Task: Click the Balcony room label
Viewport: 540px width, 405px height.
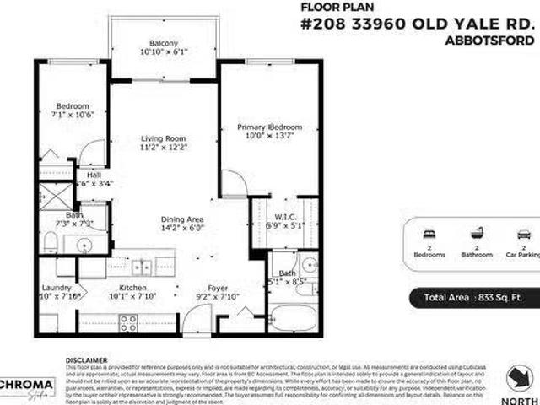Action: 164,43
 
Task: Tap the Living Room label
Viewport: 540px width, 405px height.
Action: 164,139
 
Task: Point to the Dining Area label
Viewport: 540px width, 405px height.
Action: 182,219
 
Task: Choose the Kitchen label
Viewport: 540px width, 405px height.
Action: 133,289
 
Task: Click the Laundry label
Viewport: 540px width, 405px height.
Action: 57,289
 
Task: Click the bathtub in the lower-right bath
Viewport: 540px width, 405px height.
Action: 293,319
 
